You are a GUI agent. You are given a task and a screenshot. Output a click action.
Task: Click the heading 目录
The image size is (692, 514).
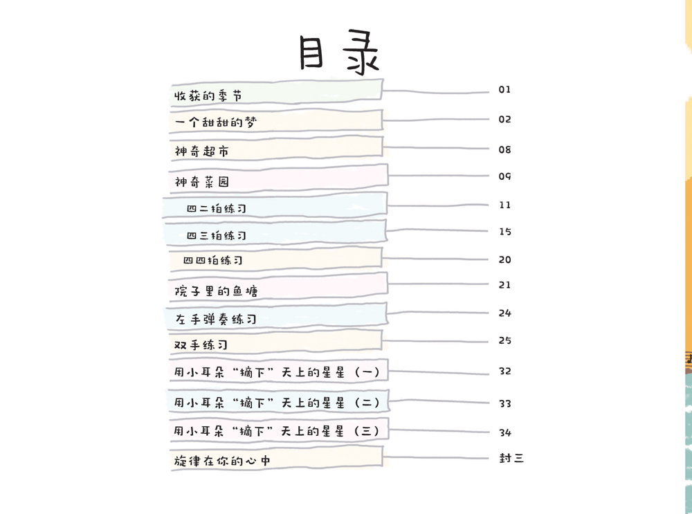tap(339, 52)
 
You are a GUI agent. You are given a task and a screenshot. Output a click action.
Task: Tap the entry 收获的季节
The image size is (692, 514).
tap(208, 95)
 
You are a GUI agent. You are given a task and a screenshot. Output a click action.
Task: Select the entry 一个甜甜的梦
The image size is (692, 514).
tap(215, 122)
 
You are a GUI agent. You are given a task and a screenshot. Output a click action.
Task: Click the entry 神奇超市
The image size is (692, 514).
tap(201, 152)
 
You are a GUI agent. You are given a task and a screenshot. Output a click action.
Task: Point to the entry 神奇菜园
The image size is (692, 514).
tap(201, 182)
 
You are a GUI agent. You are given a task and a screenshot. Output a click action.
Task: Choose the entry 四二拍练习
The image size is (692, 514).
tap(216, 209)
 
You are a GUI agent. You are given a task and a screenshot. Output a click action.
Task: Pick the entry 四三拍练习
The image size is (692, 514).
tap(216, 236)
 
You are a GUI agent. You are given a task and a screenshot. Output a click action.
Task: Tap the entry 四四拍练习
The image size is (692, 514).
tap(212, 260)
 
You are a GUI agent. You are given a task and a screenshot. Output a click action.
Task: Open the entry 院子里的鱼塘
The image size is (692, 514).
tap(216, 291)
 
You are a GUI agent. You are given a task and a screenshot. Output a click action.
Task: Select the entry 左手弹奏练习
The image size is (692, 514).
tap(215, 319)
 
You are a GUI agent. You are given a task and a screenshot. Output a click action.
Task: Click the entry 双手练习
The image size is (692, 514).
tap(201, 345)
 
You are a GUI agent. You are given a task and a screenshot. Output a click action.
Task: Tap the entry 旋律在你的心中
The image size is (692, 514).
tap(222, 461)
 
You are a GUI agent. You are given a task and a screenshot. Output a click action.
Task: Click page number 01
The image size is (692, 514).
tap(504, 89)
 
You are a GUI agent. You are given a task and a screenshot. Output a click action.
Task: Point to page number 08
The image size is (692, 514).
tap(504, 149)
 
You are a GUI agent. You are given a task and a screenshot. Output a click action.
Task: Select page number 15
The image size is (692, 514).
tap(505, 232)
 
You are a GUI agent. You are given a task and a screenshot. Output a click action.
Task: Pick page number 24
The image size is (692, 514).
tap(505, 313)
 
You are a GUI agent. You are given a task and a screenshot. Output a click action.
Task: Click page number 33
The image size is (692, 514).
tap(505, 404)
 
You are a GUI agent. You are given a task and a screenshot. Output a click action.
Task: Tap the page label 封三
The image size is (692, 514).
tap(511, 459)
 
